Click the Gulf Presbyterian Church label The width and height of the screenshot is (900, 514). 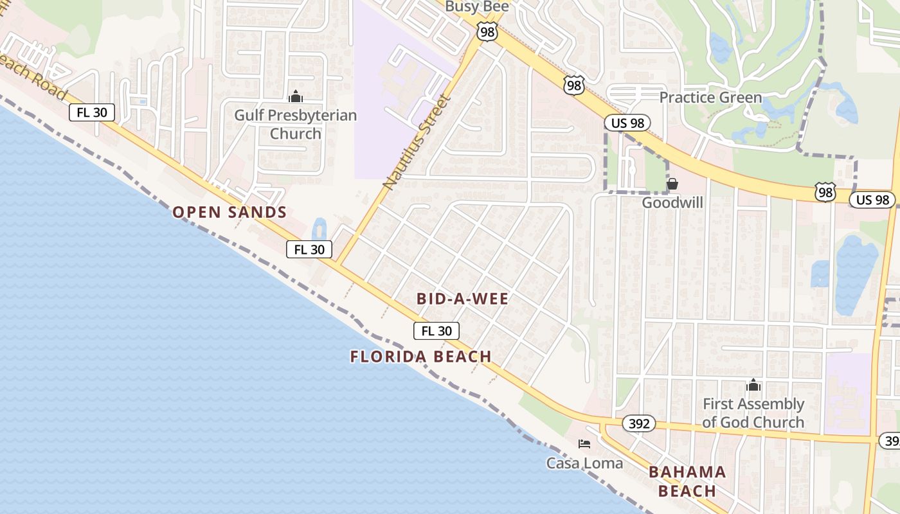pyautogui.click(x=295, y=125)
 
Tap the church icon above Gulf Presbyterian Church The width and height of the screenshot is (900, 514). pyautogui.click(x=296, y=97)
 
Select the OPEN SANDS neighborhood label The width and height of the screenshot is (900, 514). pyautogui.click(x=230, y=212)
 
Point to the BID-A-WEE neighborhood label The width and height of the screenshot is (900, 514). pyautogui.click(x=462, y=299)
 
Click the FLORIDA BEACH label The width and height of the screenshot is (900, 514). pyautogui.click(x=421, y=357)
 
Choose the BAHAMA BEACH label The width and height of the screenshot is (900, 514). pyautogui.click(x=687, y=481)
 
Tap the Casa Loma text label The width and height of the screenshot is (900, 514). pyautogui.click(x=584, y=463)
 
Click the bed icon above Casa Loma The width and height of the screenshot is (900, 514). pyautogui.click(x=584, y=444)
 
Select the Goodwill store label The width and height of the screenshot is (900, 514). pyautogui.click(x=672, y=203)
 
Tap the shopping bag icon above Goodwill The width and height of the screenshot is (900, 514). pyautogui.click(x=672, y=184)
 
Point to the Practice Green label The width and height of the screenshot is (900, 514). pyautogui.click(x=710, y=98)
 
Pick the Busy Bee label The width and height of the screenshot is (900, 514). pyautogui.click(x=477, y=6)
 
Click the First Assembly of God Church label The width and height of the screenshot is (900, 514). pyautogui.click(x=753, y=413)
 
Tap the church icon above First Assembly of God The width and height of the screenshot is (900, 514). pyautogui.click(x=753, y=385)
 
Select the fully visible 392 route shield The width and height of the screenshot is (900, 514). pyautogui.click(x=638, y=423)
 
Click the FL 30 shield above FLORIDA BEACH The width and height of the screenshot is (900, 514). pyautogui.click(x=437, y=331)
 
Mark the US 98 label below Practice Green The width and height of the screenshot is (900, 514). pyautogui.click(x=627, y=123)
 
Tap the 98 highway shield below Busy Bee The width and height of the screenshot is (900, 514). pyautogui.click(x=487, y=31)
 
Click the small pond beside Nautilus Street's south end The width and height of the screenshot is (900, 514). pyautogui.click(x=319, y=229)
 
